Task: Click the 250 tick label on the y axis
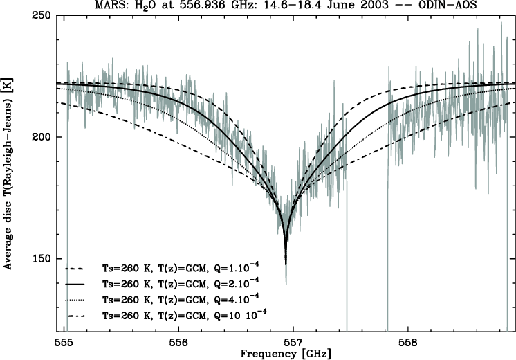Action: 43,15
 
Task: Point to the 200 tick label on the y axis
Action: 43,137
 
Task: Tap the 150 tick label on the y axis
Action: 43,258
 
